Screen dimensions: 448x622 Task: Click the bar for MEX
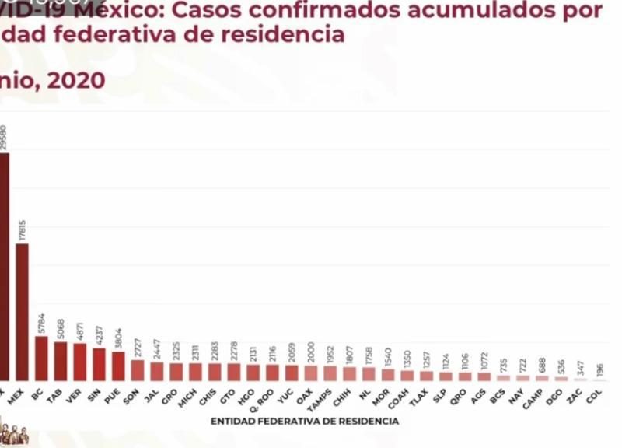pos(22,312)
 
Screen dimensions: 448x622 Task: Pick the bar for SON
pos(137,370)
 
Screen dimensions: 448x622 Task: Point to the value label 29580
pos(4,138)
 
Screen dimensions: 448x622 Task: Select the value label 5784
pos(41,323)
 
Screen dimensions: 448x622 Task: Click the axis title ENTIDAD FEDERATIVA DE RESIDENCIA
pos(305,422)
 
